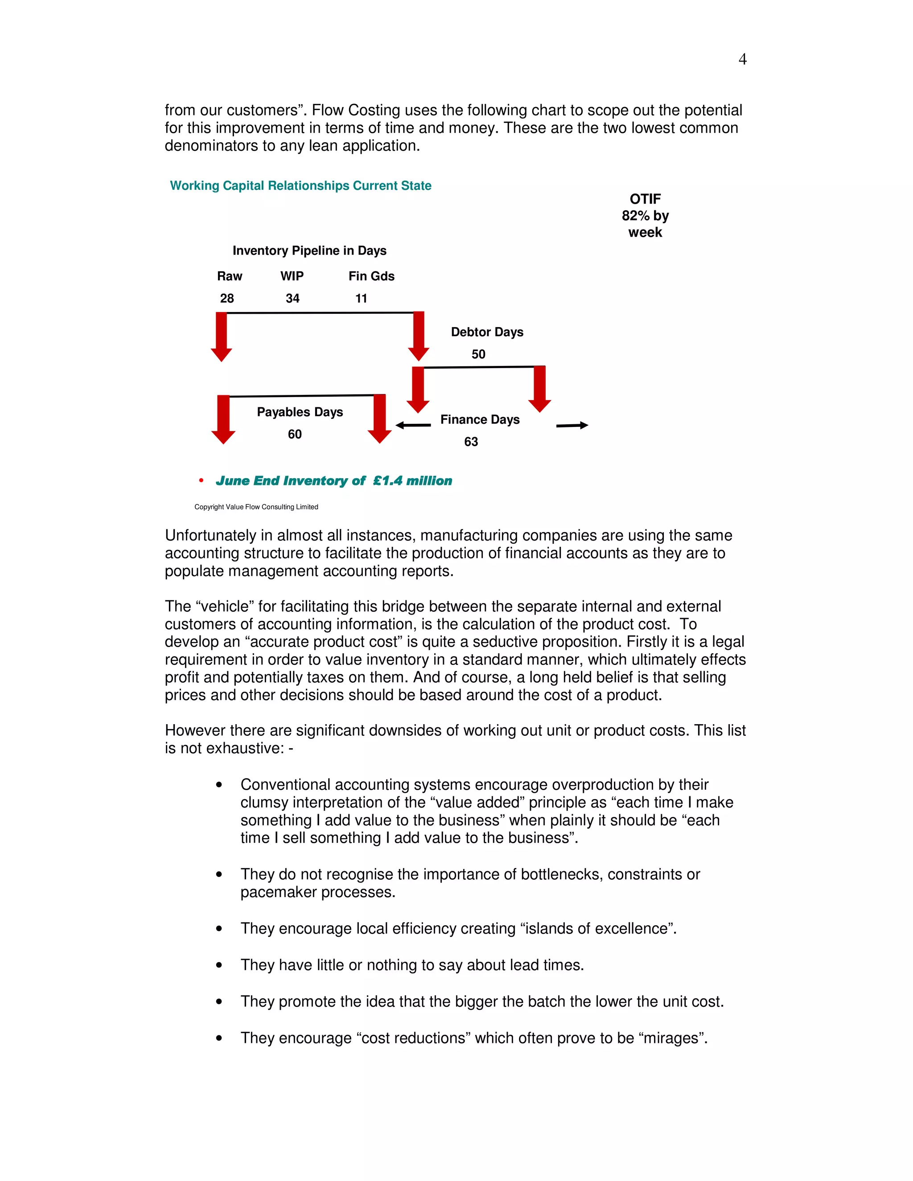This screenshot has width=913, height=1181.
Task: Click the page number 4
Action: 742,59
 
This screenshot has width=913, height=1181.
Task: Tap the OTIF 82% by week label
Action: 645,215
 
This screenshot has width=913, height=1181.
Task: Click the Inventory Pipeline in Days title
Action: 309,250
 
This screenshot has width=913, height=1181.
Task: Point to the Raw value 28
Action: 226,299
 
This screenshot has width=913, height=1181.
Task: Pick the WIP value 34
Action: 292,299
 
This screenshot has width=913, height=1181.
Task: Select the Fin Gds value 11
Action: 361,299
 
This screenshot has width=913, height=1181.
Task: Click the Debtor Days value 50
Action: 478,354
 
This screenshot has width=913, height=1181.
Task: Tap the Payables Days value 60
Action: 295,434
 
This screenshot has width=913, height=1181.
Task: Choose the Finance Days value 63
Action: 471,442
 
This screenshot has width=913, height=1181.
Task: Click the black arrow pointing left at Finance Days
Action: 413,426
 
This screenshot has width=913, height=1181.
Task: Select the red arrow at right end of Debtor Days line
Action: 539,389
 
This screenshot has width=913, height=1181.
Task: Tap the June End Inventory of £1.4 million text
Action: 334,481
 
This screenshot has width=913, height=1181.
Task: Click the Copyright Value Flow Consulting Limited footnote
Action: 256,507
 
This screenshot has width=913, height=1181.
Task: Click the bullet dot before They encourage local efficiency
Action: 219,928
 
